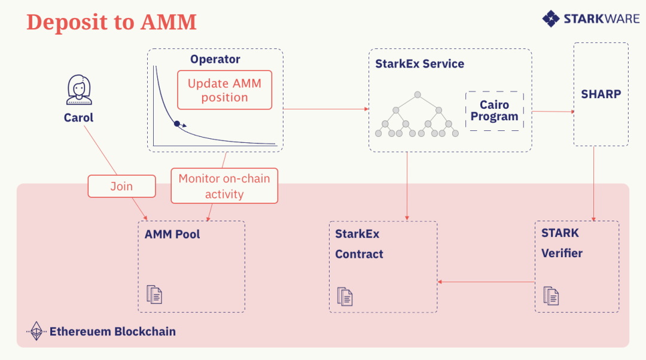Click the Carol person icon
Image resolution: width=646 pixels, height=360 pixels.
click(x=79, y=90)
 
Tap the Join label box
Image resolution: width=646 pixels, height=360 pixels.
click(x=122, y=186)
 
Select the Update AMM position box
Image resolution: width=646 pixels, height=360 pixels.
click(x=224, y=90)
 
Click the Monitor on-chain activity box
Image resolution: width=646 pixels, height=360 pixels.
click(x=224, y=186)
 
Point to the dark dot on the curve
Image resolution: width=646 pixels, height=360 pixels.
click(x=176, y=124)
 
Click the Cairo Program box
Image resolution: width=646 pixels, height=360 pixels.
click(x=495, y=111)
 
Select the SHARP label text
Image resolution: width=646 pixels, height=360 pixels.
click(x=601, y=94)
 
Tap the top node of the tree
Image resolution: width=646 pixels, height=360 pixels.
click(x=418, y=94)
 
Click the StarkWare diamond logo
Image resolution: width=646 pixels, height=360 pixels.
click(x=551, y=19)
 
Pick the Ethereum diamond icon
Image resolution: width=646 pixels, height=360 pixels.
click(x=36, y=331)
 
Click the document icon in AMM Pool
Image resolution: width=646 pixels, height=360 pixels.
click(x=154, y=294)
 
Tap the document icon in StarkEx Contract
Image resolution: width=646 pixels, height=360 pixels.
click(x=345, y=297)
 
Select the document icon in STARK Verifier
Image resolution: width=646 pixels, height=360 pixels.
click(x=551, y=296)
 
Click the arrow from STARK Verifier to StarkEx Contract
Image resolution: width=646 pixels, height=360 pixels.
click(x=486, y=282)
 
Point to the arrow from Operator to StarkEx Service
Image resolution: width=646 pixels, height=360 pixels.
click(x=326, y=109)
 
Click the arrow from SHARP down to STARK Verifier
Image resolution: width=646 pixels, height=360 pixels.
click(x=594, y=184)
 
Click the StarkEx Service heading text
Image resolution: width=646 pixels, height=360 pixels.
click(x=420, y=64)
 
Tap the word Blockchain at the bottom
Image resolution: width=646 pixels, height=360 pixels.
click(x=145, y=331)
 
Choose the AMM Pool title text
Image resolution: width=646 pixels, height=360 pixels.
click(x=172, y=234)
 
